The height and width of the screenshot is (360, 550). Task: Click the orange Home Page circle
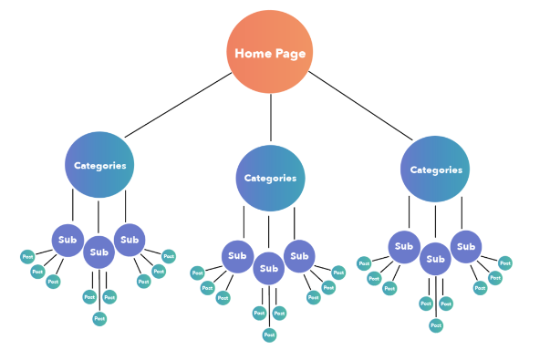click(270, 51)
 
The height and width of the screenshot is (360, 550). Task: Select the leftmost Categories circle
click(99, 165)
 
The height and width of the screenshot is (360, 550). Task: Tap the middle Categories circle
click(270, 179)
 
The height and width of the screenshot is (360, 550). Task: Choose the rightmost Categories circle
click(435, 170)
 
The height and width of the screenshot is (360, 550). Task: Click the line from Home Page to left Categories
click(178, 105)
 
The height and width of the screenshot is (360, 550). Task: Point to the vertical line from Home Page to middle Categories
click(270, 118)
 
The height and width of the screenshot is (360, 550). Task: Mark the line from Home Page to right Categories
click(360, 106)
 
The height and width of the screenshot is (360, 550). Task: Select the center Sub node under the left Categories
click(99, 252)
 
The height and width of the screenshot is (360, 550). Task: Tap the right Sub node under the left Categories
click(130, 241)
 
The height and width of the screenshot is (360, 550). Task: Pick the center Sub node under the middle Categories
click(268, 269)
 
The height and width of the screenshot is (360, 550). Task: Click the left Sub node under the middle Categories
click(237, 256)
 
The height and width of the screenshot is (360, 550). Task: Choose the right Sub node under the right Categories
click(466, 247)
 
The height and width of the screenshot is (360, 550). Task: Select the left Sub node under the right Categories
click(404, 247)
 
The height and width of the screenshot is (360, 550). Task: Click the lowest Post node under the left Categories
click(99, 318)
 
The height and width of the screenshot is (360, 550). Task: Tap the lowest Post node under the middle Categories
click(269, 334)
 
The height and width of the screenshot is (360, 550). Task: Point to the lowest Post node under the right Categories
click(436, 325)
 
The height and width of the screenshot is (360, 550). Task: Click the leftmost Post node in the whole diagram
click(27, 257)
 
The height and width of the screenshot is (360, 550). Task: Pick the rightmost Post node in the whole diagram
click(505, 263)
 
